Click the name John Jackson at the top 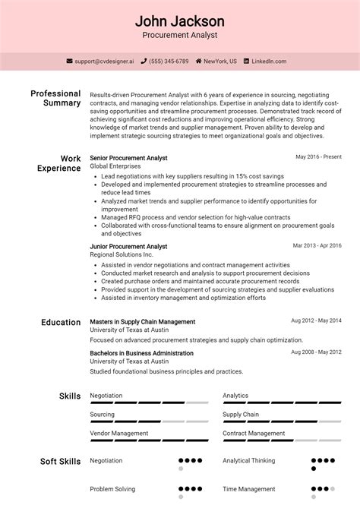click(x=179, y=21)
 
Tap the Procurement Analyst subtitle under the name click(x=179, y=35)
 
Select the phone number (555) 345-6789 click(x=169, y=62)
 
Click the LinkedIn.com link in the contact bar click(x=270, y=62)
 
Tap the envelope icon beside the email click(x=70, y=62)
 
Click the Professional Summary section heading click(x=55, y=98)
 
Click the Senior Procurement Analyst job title click(x=128, y=157)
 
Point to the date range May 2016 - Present click(x=318, y=157)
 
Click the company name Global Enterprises click(x=115, y=166)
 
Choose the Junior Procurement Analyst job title click(x=128, y=247)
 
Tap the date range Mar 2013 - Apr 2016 click(x=317, y=246)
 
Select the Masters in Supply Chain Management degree click(x=142, y=322)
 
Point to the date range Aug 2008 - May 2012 click(x=316, y=353)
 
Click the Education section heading click(x=61, y=323)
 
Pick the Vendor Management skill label click(x=118, y=434)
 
